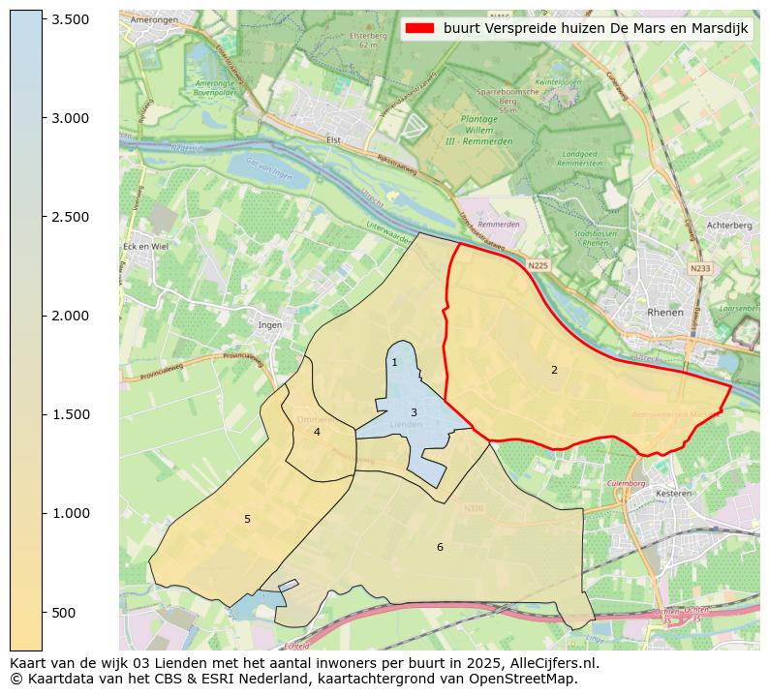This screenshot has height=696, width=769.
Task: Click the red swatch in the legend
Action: pos(421,29)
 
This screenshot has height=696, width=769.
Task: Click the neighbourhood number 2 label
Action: pos(554,370)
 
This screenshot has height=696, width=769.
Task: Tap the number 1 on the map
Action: pos(394,362)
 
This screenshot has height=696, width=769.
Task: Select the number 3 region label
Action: pos(414,412)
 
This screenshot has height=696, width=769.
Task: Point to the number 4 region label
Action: pos(317,432)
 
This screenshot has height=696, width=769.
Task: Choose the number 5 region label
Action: pos(247,519)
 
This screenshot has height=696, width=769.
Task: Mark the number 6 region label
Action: pos(440,547)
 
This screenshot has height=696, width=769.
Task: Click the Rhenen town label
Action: pos(664,313)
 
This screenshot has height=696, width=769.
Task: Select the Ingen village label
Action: pos(270,325)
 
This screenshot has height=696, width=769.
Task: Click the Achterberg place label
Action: pos(729,225)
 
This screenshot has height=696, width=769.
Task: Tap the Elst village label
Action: pos(334,139)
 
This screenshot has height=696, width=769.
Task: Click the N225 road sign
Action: pos(538,264)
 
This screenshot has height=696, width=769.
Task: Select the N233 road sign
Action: pos(699,268)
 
